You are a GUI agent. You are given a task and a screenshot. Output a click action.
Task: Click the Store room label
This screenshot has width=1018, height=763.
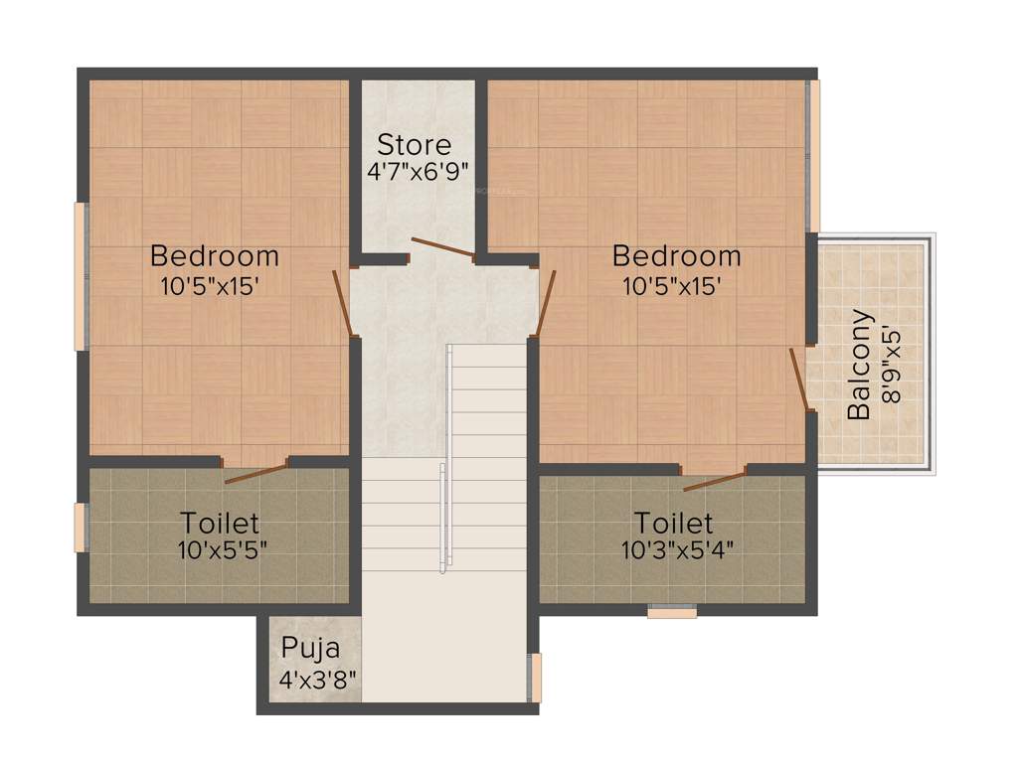coord(414,145)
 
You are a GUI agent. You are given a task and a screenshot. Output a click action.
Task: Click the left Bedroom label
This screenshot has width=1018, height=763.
coord(214,256)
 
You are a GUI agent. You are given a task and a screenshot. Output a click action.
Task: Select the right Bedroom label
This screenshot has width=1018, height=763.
coord(676,256)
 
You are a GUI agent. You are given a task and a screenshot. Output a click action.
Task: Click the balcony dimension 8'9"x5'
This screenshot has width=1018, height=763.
coord(892,365)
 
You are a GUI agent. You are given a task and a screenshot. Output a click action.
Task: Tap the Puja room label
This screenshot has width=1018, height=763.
coord(310,649)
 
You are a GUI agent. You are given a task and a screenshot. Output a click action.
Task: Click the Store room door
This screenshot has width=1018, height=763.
coord(443,247)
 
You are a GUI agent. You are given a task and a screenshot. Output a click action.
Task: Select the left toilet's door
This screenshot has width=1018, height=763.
coord(256,472)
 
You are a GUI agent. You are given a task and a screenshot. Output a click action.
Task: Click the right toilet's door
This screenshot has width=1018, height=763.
coord(715,481)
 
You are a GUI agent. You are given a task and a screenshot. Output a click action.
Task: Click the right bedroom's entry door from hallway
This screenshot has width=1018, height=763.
coord(546,302)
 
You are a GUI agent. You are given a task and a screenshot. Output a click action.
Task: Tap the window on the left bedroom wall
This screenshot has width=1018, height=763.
coord(81,276)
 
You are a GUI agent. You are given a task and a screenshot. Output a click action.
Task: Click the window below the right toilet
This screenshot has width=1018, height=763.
coord(672,612)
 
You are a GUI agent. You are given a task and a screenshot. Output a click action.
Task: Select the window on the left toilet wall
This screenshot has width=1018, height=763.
coord(80,528)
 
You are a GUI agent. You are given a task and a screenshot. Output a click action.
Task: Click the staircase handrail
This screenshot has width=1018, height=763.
coord(446,457)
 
